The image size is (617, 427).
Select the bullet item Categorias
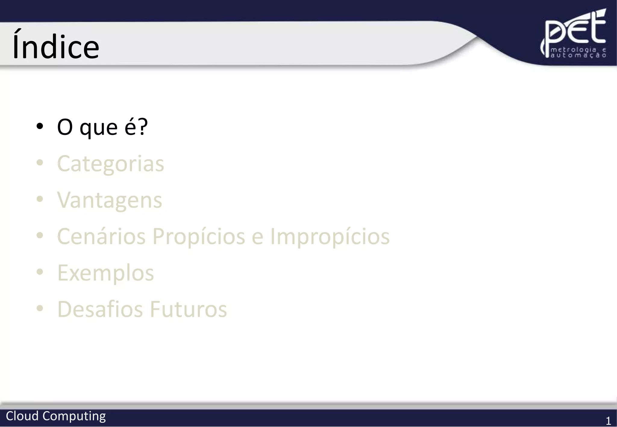[x=111, y=164]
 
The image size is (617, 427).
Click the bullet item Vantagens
[x=110, y=200]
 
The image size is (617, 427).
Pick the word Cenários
[x=102, y=236]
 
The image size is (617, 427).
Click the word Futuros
[x=188, y=309]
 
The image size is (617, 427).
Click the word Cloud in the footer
[x=22, y=416]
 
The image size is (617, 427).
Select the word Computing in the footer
[x=74, y=416]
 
